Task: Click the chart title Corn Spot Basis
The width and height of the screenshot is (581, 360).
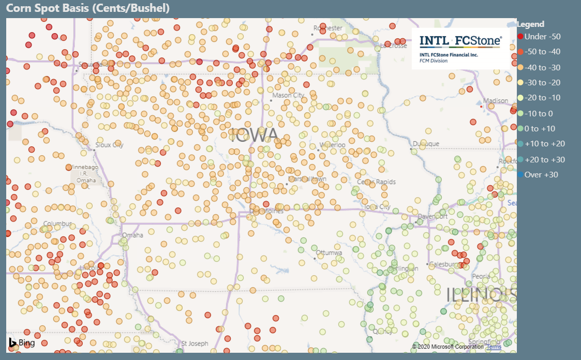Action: pyautogui.click(x=88, y=8)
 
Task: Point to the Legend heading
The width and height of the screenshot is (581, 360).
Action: pyautogui.click(x=531, y=24)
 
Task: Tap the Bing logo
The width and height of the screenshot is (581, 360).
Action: pyautogui.click(x=21, y=342)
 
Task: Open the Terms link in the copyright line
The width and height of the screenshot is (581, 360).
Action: pyautogui.click(x=494, y=347)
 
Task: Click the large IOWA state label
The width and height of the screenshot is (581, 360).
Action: pyautogui.click(x=255, y=135)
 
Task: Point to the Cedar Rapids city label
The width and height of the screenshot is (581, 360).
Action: pyautogui.click(x=376, y=182)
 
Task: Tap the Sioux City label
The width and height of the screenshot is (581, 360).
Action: pyautogui.click(x=109, y=145)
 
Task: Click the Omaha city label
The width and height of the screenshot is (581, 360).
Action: pyautogui.click(x=132, y=235)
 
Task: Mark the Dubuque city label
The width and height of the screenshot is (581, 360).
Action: pyautogui.click(x=426, y=144)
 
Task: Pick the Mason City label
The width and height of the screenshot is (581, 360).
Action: pyautogui.click(x=288, y=96)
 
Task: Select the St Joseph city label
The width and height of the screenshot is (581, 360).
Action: pyautogui.click(x=195, y=343)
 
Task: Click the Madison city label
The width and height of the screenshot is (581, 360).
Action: pyautogui.click(x=495, y=101)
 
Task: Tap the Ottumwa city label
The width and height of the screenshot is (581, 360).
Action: pyautogui.click(x=329, y=253)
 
